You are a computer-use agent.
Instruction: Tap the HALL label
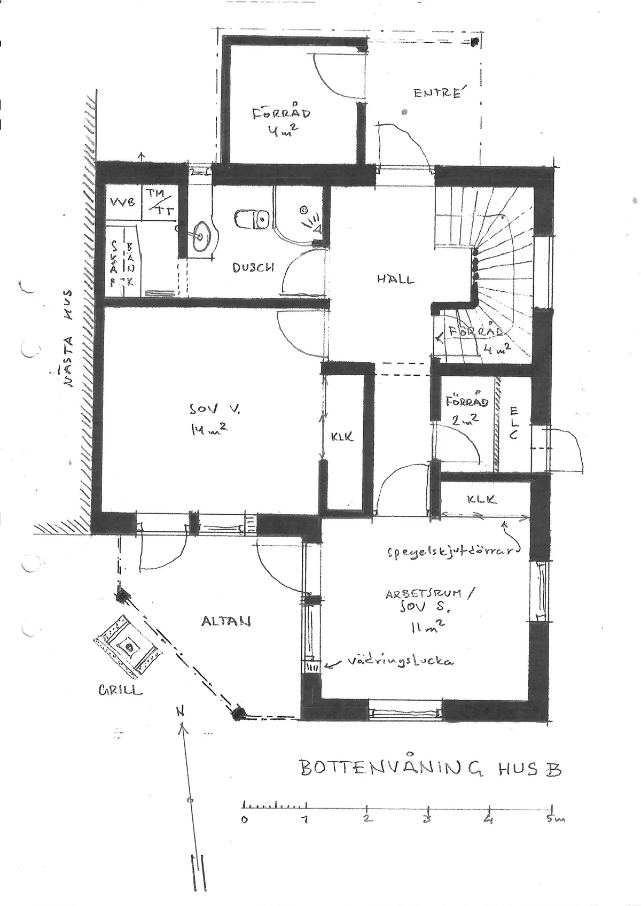click(x=395, y=279)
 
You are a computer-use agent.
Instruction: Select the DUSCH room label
click(x=253, y=267)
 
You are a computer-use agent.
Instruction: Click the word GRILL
click(x=120, y=690)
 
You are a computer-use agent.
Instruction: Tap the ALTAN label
click(x=226, y=621)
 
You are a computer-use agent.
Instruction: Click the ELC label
click(x=514, y=423)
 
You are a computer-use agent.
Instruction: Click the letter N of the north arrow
click(x=181, y=711)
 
